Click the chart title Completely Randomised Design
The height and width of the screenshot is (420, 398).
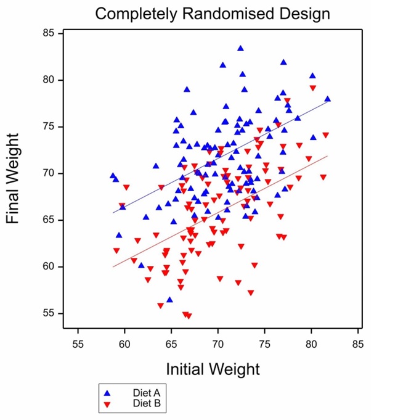(212, 13)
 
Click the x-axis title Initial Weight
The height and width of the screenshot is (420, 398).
(213, 369)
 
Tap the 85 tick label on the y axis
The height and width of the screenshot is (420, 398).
(49, 33)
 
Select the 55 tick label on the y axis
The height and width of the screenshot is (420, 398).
(49, 313)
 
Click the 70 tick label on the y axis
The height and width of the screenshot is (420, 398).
(49, 173)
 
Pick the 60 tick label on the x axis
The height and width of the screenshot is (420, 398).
(124, 343)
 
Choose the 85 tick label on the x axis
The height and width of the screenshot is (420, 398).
(357, 343)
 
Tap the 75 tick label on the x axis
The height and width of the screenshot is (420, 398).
(264, 343)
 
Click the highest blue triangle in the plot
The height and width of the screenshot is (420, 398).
(240, 48)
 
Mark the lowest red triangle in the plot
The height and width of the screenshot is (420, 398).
(189, 316)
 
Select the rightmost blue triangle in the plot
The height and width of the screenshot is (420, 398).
(327, 99)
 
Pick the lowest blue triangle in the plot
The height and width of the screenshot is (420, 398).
(169, 300)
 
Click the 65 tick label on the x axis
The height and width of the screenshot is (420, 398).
(171, 343)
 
